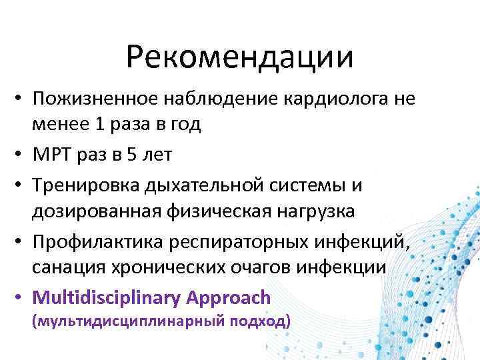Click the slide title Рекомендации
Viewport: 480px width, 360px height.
[x=239, y=57]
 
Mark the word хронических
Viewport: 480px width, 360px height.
[x=156, y=267]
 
